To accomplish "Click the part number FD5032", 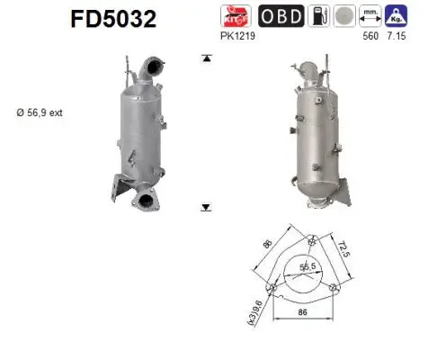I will (x=107, y=19).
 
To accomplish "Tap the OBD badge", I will (x=281, y=16).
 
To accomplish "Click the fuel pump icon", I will (x=319, y=16).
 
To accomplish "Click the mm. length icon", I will (x=369, y=16).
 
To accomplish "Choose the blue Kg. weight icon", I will (x=395, y=16).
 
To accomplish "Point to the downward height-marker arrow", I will (x=206, y=206).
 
